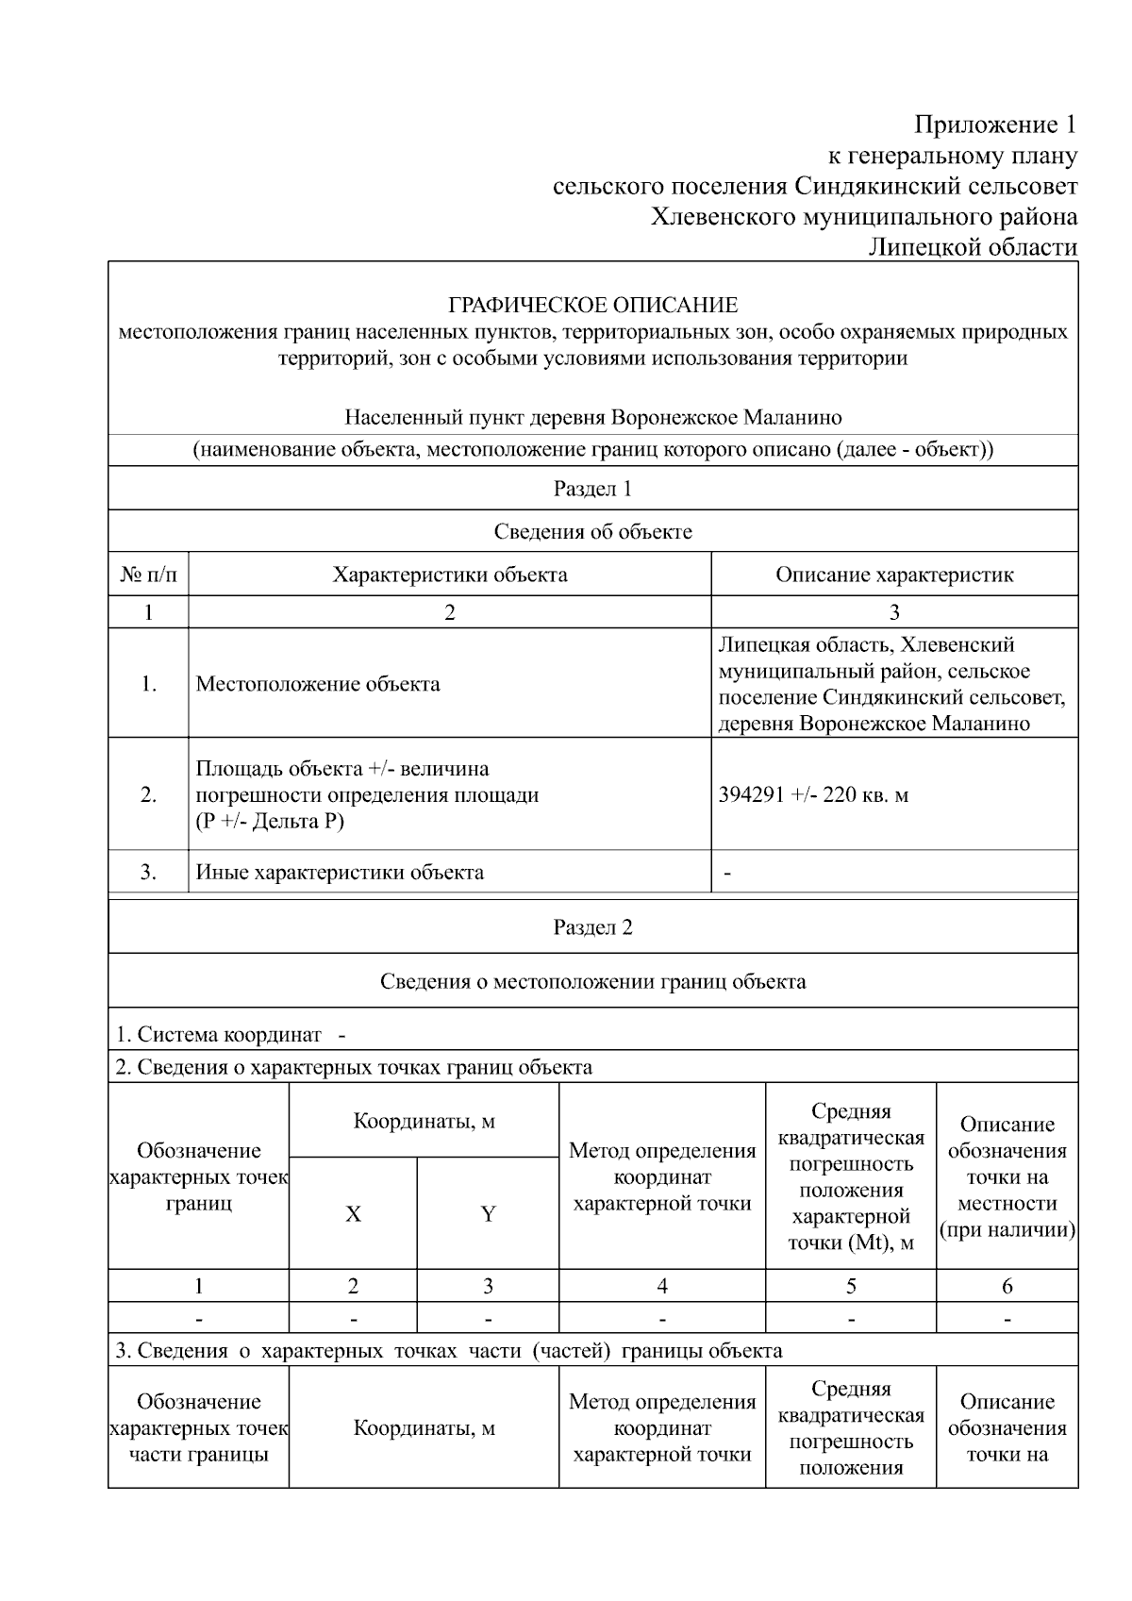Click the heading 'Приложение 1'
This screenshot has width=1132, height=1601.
(995, 125)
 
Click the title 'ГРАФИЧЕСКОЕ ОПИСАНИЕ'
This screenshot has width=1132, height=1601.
(592, 305)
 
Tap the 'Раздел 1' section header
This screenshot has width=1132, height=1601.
(592, 489)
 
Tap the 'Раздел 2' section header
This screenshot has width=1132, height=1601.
(592, 927)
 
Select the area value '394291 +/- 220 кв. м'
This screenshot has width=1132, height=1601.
(813, 794)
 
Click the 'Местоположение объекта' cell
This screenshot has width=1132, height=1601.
(318, 684)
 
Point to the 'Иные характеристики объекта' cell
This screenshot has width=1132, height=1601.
(340, 873)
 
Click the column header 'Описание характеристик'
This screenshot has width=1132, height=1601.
(893, 575)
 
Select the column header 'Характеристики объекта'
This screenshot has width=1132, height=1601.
(449, 575)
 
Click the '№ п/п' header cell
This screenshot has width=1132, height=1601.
(148, 575)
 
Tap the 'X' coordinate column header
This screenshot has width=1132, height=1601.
(353, 1214)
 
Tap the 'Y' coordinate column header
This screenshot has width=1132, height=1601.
(488, 1214)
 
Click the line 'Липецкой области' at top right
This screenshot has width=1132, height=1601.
(973, 248)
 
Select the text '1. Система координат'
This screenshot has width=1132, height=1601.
(219, 1034)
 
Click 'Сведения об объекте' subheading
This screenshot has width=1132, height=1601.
(592, 531)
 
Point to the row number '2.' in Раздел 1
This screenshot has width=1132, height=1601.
(148, 794)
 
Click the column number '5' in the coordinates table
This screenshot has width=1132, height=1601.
(851, 1286)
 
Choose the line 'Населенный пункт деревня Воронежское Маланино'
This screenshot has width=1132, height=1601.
(592, 417)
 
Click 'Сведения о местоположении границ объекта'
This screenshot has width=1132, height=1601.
(592, 981)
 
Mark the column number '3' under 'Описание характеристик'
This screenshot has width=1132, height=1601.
(893, 612)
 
